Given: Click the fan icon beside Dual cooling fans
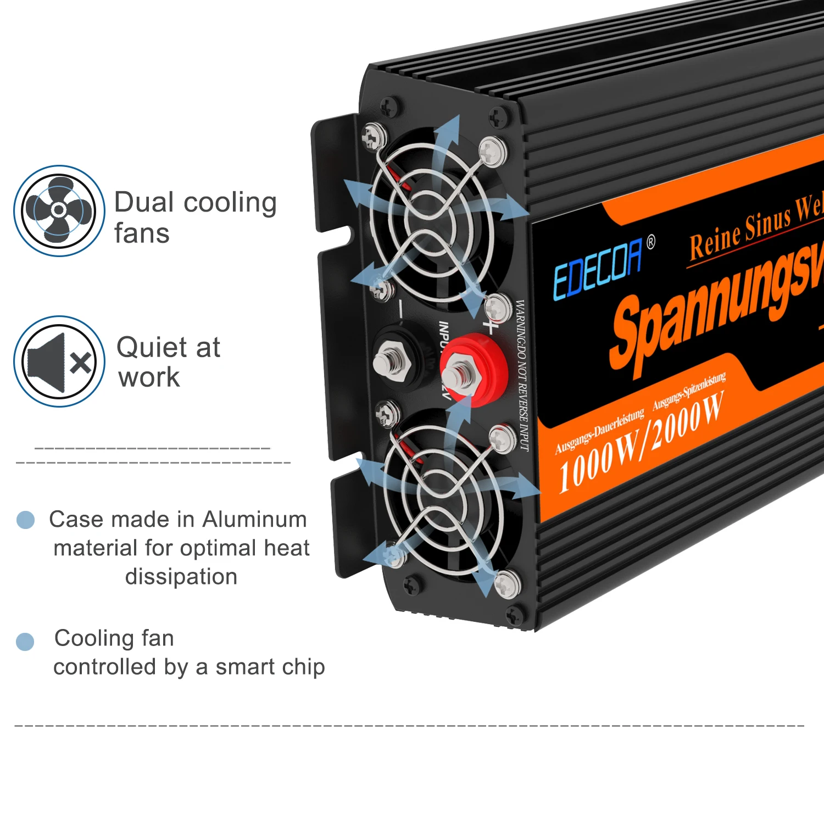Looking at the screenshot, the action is click(x=59, y=210).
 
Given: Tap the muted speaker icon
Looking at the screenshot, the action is click(x=59, y=361).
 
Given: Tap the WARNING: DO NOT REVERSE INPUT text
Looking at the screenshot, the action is click(x=522, y=376).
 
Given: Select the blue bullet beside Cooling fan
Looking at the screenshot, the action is click(x=25, y=641).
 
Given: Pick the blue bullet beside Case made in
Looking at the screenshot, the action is click(x=26, y=519).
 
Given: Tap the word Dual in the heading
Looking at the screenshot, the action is click(x=144, y=202).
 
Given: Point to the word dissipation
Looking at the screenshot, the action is click(x=181, y=577).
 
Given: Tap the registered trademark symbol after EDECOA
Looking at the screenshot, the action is click(x=651, y=242).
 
